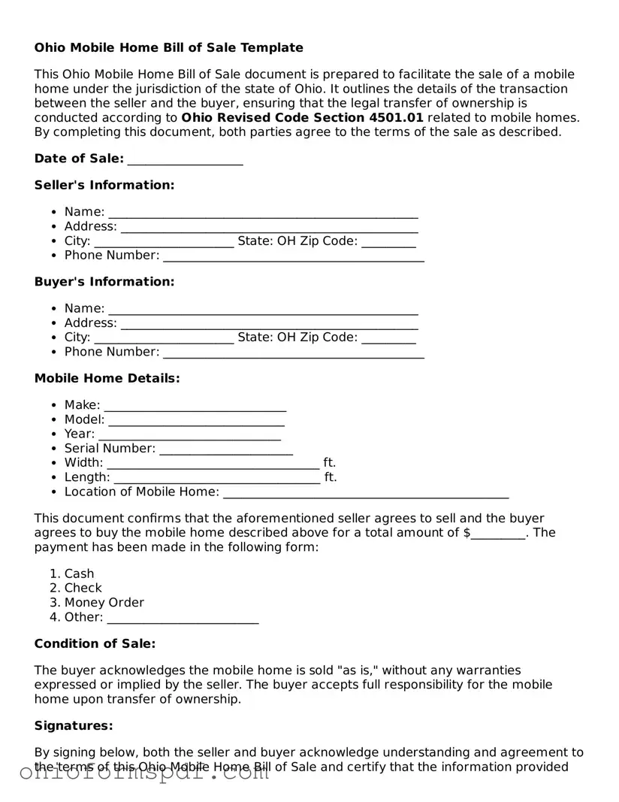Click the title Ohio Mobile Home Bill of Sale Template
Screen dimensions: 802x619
pos(168,48)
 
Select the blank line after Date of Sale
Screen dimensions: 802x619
pos(185,159)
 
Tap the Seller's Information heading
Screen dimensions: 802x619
pos(104,186)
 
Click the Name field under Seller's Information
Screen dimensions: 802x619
pos(263,213)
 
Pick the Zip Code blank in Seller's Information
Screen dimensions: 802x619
pos(388,241)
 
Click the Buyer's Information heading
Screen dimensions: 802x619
pos(104,282)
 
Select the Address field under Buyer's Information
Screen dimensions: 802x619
pos(269,323)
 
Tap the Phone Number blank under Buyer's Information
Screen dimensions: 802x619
pos(293,353)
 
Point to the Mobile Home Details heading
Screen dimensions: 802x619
pos(107,379)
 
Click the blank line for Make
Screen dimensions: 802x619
pos(195,406)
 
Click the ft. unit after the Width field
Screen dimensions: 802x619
pos(329,463)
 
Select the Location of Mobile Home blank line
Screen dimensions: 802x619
pos(366,492)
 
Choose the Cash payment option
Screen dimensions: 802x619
pos(79,574)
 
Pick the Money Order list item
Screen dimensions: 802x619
pos(104,603)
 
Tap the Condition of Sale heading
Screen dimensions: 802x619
pos(95,644)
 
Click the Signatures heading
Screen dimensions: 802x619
pos(74,726)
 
